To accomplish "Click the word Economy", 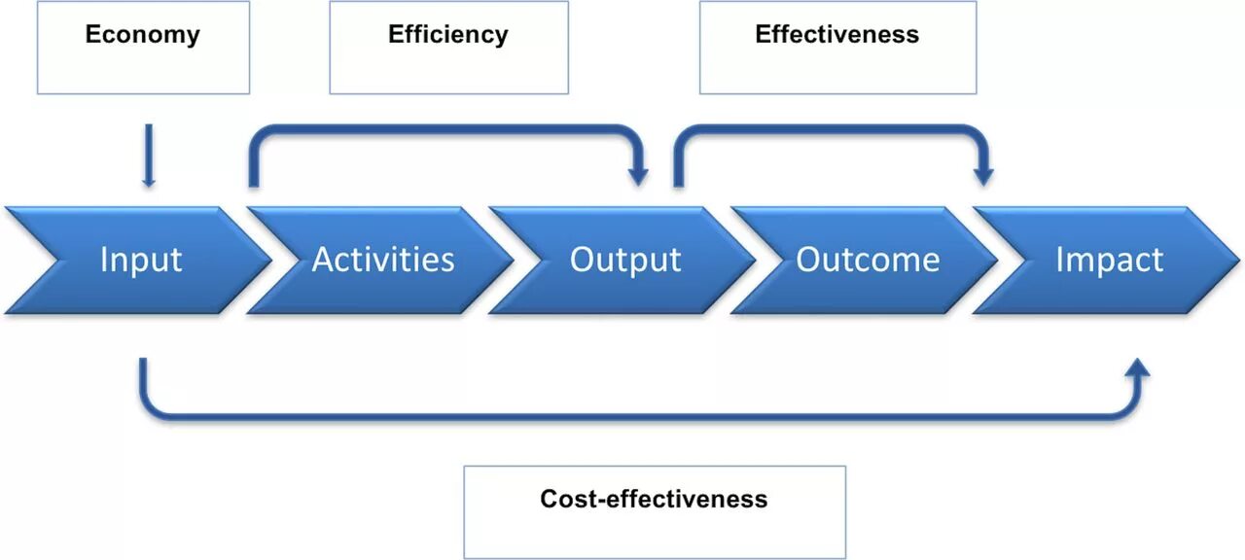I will [x=142, y=35].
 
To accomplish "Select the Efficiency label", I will [x=447, y=35].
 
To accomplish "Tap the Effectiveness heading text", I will [x=836, y=35].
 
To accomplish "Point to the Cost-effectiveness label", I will [x=654, y=500].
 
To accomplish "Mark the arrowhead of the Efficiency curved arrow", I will [x=638, y=177].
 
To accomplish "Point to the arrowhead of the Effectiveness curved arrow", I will [x=984, y=177].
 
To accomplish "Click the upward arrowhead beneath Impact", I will [x=1138, y=368].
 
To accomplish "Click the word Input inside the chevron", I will [x=141, y=261].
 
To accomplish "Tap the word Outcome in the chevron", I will [x=868, y=261].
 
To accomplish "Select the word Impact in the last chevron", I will [x=1109, y=261].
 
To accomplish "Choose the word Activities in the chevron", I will [x=383, y=261].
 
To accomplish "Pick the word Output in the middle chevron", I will [x=625, y=261].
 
